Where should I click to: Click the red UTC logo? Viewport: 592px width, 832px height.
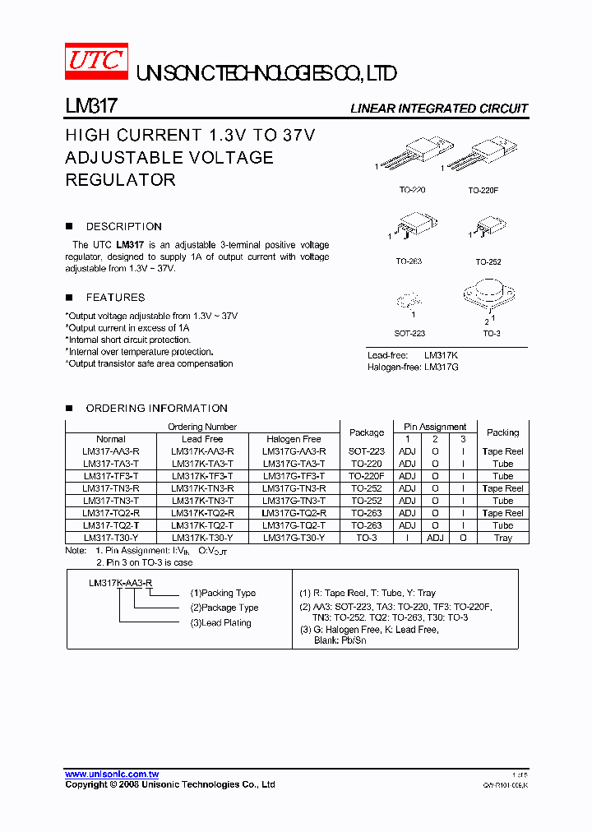click(97, 61)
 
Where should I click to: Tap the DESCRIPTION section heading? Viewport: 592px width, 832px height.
click(123, 226)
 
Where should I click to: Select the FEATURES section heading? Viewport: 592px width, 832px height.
click(115, 298)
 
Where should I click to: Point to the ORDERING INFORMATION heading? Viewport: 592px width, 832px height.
click(156, 408)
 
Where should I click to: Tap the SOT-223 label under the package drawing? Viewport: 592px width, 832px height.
click(409, 333)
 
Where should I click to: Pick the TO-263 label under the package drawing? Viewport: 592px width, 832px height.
click(408, 262)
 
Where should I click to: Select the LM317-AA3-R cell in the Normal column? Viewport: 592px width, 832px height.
click(111, 451)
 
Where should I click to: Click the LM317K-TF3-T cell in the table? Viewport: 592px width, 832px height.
click(202, 476)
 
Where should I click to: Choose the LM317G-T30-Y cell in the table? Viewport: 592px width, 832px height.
click(294, 538)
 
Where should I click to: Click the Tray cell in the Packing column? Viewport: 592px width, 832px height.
click(502, 538)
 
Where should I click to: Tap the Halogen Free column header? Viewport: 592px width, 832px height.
click(294, 439)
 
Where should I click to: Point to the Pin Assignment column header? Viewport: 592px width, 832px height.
click(435, 427)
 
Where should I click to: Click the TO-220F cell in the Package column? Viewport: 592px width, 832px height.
click(367, 476)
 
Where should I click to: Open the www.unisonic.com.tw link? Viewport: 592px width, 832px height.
click(112, 774)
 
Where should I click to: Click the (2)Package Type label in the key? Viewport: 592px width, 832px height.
click(224, 608)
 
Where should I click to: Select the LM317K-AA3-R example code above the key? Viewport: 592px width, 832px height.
click(121, 582)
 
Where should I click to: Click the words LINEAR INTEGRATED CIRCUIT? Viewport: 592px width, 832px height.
click(439, 109)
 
